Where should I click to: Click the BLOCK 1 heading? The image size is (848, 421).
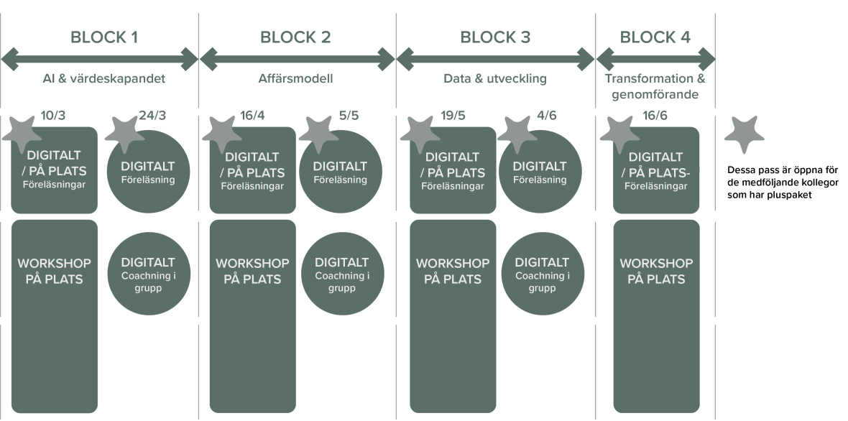103,37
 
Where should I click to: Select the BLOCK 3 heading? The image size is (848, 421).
494,37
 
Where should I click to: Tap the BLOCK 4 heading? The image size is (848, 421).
655,37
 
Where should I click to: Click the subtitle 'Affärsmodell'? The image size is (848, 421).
296,79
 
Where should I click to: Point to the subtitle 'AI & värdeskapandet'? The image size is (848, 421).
103,79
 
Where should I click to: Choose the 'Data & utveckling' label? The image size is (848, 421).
494,79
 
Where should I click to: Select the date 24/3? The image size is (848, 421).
152,115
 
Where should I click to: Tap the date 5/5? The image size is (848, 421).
348,115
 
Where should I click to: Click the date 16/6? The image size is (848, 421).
655,115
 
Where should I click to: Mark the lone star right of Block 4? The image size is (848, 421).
744,134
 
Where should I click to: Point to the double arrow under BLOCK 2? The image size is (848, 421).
297,59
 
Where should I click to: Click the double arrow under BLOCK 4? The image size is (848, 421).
655,59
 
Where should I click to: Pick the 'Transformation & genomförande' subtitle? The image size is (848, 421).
655,86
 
